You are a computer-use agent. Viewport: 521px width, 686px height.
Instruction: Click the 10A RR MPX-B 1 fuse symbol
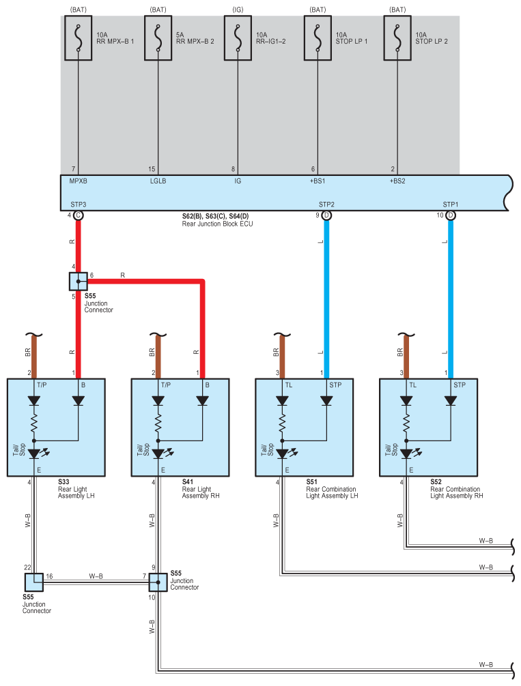click(78, 38)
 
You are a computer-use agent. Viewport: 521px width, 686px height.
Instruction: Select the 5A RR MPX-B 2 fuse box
click(158, 38)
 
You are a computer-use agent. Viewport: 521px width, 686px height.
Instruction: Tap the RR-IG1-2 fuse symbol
click(238, 38)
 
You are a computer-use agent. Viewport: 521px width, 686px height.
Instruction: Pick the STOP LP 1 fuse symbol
click(318, 38)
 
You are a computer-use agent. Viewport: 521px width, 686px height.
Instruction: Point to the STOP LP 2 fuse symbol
click(397, 38)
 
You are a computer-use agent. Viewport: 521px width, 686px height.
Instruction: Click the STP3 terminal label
click(79, 205)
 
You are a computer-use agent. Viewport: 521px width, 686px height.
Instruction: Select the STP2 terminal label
click(326, 205)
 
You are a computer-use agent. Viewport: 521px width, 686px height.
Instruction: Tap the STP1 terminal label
click(451, 205)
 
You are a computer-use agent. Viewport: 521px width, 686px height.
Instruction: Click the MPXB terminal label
click(79, 181)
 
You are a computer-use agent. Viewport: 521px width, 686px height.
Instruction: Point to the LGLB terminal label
click(158, 181)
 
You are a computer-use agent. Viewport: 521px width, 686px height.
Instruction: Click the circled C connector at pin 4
click(79, 215)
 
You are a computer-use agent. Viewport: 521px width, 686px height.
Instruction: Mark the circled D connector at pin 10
click(451, 215)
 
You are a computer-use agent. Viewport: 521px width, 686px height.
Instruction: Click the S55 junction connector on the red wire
click(79, 282)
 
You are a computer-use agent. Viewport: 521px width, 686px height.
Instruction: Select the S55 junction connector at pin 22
click(34, 582)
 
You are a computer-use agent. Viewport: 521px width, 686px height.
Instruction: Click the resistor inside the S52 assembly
click(406, 423)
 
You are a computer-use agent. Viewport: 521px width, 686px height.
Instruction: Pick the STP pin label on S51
click(336, 385)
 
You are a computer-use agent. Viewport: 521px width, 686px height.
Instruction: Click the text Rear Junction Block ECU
click(217, 224)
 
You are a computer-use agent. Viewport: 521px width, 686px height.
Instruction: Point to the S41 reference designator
click(188, 481)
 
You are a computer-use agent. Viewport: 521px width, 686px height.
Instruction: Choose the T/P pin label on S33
click(42, 385)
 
